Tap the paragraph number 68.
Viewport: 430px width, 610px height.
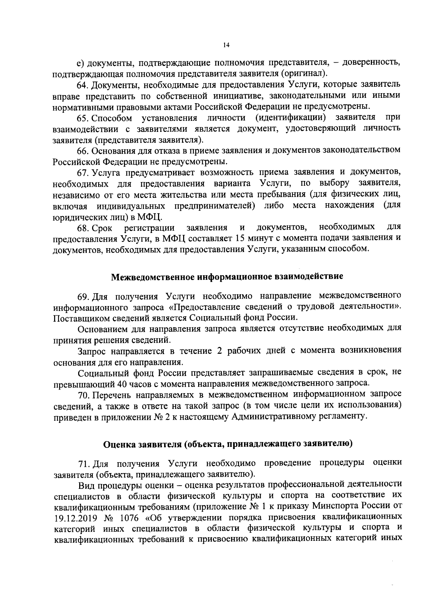tap(83, 228)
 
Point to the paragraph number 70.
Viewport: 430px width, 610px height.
tap(83, 395)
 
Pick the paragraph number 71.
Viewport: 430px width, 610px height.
tap(83, 463)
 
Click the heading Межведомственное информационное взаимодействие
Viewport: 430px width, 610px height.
tap(227, 277)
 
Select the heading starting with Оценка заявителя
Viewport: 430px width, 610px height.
tap(228, 444)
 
